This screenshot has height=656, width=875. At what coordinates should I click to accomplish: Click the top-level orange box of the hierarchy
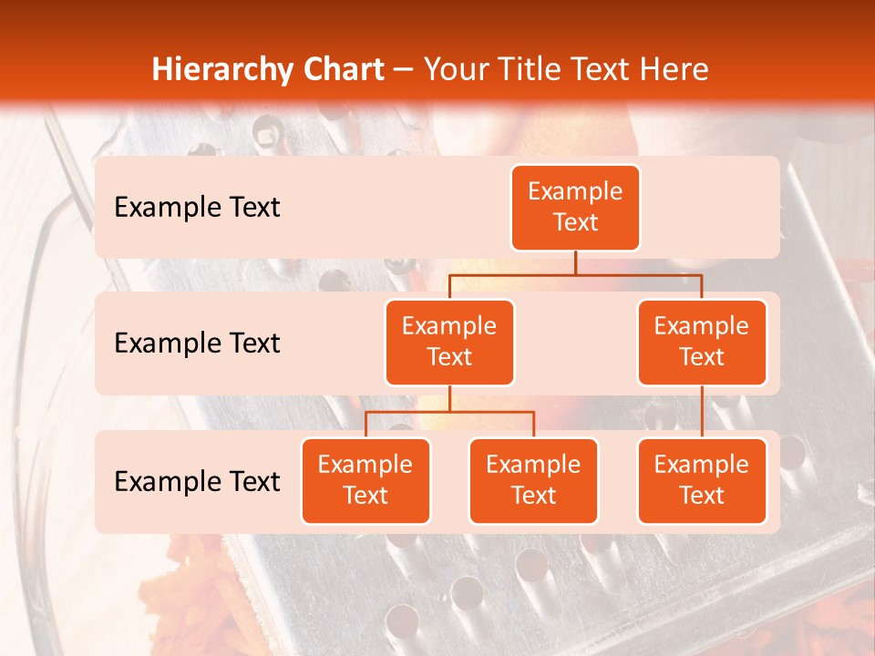pos(575,207)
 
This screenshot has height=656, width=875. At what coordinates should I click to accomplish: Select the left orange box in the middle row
pos(449,342)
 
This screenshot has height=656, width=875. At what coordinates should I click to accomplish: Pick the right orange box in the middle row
pos(702,342)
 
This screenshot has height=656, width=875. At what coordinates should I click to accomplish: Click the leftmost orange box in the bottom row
pos(365,480)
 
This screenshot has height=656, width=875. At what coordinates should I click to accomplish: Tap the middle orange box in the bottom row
pos(533,480)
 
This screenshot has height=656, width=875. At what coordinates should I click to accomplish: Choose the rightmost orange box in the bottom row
pos(702,480)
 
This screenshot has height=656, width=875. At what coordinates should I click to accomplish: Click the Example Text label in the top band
pos(197,207)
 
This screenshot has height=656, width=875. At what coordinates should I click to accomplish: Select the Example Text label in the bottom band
pos(197,481)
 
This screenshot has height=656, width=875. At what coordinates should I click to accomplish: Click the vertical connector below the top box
pos(575,262)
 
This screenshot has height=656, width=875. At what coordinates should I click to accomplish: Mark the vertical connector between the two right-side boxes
pos(702,412)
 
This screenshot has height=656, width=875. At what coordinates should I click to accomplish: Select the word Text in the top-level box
pos(575,222)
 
